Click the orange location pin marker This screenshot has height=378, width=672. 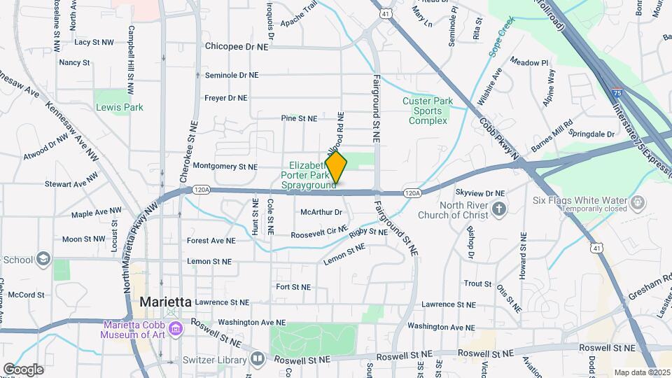coord(336,167)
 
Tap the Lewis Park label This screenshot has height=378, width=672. coord(120,107)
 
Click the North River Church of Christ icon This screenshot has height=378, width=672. coord(498,208)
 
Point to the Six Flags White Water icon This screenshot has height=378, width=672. coord(638,203)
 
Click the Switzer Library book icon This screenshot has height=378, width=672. coord(258,360)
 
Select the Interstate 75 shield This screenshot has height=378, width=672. coord(616,92)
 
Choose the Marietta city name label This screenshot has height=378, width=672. coord(166,302)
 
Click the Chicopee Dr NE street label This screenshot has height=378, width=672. coord(237,46)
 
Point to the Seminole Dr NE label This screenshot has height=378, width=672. coord(231,75)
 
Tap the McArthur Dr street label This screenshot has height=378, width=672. coord(321,211)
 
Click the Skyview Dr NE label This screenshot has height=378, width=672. coord(479,192)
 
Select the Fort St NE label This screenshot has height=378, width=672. coord(293,287)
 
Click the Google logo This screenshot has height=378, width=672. coord(23,369)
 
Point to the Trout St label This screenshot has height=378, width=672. coord(477,283)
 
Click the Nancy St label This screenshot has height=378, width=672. coord(74,62)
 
